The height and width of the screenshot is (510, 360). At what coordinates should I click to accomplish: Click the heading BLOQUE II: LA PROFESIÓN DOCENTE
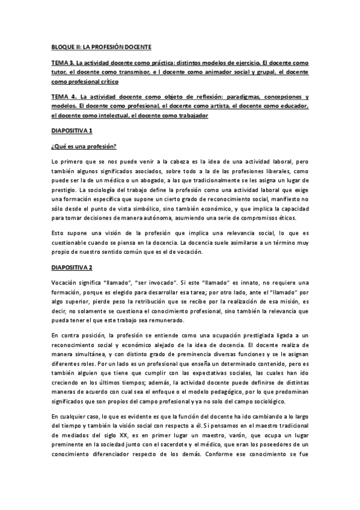[100, 47]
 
